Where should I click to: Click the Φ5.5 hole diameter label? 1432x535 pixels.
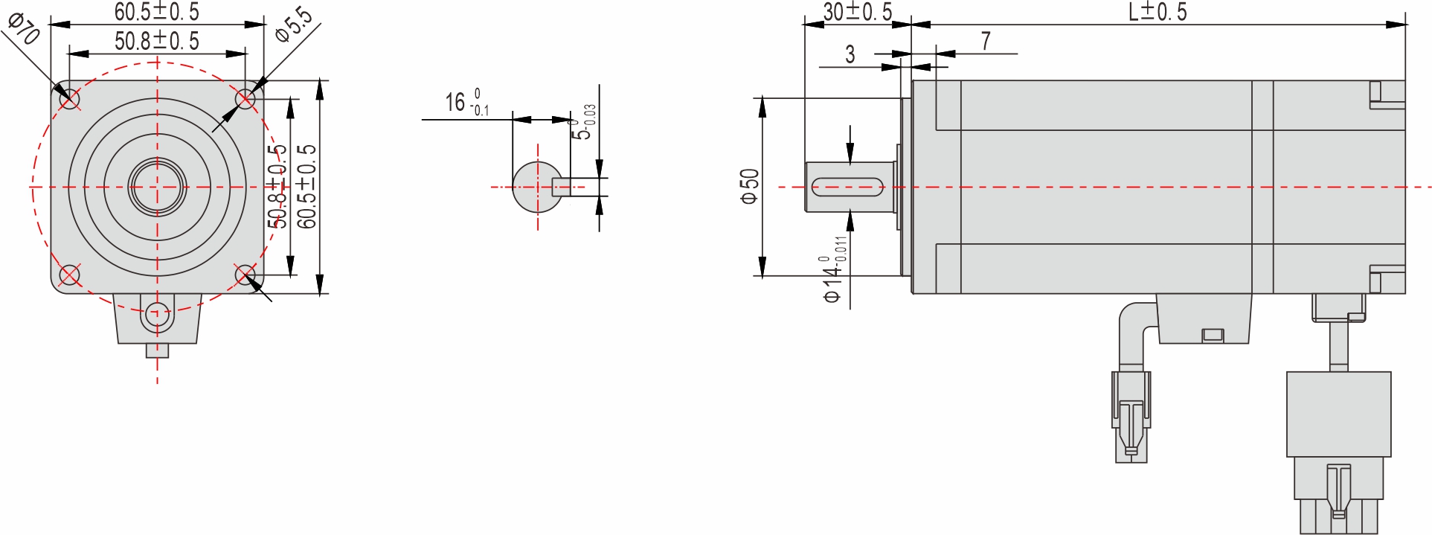293,24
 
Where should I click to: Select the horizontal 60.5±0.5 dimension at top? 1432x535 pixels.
156,11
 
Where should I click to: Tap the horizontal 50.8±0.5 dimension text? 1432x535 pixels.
156,41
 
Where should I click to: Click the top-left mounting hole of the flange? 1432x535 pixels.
69,98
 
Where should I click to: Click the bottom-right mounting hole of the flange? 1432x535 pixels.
245,275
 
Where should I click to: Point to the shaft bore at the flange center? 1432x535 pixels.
157,187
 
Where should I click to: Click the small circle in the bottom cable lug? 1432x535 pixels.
156,314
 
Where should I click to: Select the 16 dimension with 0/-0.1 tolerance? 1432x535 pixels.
466,103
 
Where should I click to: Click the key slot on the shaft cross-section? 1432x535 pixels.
561,187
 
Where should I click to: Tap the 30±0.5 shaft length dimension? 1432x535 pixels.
857,11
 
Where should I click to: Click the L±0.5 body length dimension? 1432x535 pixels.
1158,11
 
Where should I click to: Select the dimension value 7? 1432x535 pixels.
986,41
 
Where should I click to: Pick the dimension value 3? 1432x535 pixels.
850,54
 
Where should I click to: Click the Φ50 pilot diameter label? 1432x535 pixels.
749,186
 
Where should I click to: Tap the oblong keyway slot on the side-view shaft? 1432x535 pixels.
847,187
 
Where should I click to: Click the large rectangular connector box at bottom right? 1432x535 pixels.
1338,414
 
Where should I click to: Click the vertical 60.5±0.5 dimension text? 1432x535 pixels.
306,186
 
